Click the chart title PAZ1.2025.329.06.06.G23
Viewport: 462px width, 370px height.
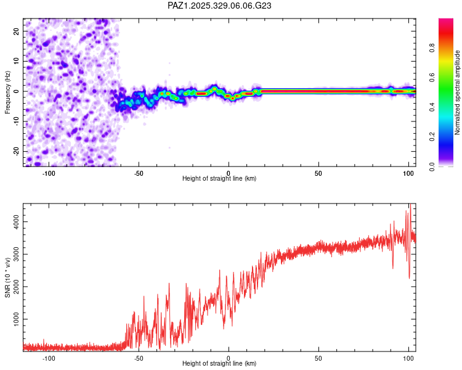[x=219, y=6]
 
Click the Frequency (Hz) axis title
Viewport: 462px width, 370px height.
[x=7, y=91]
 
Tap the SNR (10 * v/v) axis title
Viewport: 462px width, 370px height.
[x=7, y=277]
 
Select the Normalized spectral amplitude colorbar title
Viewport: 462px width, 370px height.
[x=458, y=92]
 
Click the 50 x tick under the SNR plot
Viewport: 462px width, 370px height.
[x=318, y=358]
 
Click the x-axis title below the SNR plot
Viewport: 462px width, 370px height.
[x=219, y=364]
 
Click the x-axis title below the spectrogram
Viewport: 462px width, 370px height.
[x=219, y=179]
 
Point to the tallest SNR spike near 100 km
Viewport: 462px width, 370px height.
[x=409, y=206]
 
